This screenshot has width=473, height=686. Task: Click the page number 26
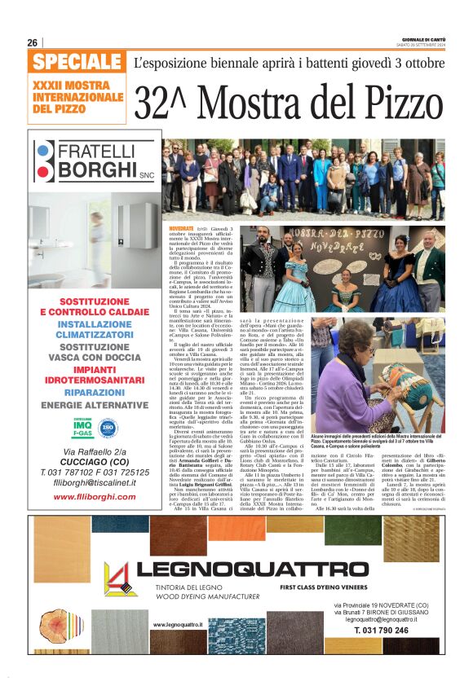tap(33, 42)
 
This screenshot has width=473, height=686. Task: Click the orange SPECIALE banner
tap(78, 62)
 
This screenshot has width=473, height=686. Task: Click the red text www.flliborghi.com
tap(78, 495)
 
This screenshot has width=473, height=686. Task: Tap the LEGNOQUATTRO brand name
tap(254, 569)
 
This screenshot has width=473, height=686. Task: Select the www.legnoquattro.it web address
tap(178, 624)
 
